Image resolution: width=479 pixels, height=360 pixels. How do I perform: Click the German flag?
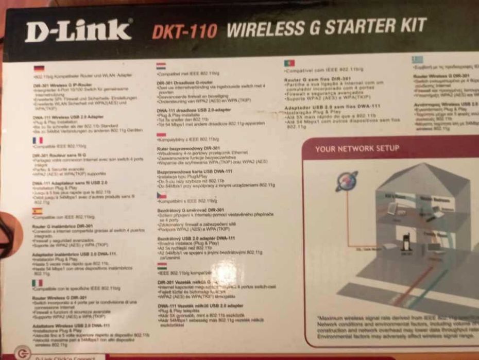tap(39, 68)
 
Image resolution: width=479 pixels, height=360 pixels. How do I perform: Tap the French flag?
tap(38, 140)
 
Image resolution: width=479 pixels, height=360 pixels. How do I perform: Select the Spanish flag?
tap(37, 211)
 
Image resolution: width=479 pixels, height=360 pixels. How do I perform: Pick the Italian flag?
tap(37, 283)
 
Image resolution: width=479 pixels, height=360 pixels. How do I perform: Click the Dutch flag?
tap(161, 66)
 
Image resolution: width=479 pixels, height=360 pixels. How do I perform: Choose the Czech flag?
tap(161, 196)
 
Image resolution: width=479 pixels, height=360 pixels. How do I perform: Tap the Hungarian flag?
tap(162, 266)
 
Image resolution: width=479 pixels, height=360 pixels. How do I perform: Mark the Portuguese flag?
tap(289, 63)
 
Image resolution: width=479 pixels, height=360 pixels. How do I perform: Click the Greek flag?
tap(417, 60)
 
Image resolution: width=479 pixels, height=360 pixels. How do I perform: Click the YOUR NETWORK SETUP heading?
tap(357, 148)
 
